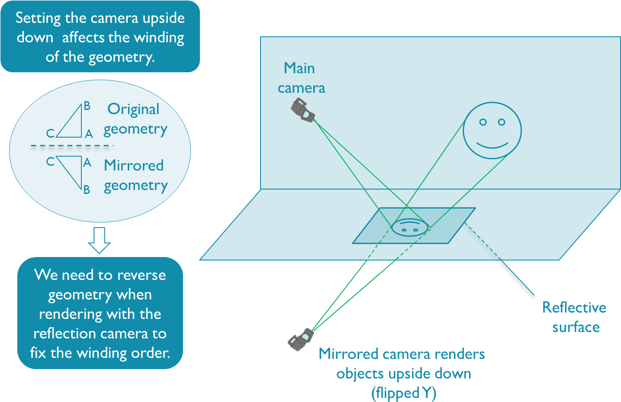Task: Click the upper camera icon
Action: click(302, 110)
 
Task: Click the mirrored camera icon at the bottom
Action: click(301, 339)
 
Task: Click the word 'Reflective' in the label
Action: click(574, 308)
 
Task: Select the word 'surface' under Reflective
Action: click(576, 327)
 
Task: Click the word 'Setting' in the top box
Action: click(38, 18)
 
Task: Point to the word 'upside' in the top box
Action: click(163, 18)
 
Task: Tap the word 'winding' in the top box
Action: click(159, 38)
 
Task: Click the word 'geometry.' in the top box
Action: click(121, 57)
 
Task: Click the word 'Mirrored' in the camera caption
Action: click(348, 354)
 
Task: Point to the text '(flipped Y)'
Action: click(403, 393)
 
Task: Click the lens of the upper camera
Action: click(306, 115)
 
